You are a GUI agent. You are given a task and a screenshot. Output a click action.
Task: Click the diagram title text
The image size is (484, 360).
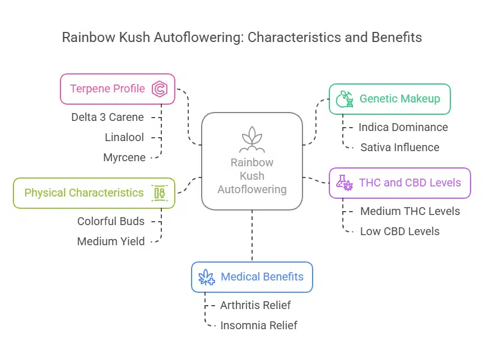click(x=242, y=38)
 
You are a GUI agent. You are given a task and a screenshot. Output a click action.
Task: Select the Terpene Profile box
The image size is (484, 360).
click(x=118, y=89)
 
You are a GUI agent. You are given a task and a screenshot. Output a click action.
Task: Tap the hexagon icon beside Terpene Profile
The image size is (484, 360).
click(x=160, y=89)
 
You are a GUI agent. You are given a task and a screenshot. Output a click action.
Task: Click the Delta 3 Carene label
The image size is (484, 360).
click(x=108, y=117)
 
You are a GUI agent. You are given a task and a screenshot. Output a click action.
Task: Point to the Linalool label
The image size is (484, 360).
click(x=125, y=137)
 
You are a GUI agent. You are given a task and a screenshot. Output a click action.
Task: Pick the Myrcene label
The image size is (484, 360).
click(x=124, y=157)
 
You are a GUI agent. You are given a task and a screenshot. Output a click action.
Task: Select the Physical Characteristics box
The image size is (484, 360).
click(x=94, y=193)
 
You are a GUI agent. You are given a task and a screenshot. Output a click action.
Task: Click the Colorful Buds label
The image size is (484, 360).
click(x=111, y=221)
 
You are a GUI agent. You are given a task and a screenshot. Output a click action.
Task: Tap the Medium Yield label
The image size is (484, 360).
click(x=111, y=241)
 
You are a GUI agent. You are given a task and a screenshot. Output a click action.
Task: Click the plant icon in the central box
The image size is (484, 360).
click(x=252, y=140)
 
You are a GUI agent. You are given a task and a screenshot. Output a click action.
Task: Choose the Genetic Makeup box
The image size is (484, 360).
click(x=389, y=99)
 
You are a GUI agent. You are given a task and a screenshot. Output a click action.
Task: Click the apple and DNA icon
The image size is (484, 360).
click(x=344, y=99)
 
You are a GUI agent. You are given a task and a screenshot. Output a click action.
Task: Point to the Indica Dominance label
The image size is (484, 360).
click(x=403, y=127)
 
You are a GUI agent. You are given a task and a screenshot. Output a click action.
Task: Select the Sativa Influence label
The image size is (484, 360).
click(x=400, y=147)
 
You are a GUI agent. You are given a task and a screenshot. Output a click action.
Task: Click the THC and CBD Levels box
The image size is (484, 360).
click(x=399, y=183)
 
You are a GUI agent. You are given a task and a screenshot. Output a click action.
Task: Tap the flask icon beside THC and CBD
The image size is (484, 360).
click(x=344, y=183)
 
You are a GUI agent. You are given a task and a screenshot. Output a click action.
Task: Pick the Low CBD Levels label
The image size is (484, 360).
click(x=400, y=231)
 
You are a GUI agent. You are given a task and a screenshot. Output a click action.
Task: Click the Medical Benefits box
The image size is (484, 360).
click(x=252, y=277)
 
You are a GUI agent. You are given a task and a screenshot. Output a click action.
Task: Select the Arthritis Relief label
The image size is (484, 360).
click(x=255, y=305)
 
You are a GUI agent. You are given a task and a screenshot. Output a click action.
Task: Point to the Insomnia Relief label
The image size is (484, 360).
click(x=259, y=325)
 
